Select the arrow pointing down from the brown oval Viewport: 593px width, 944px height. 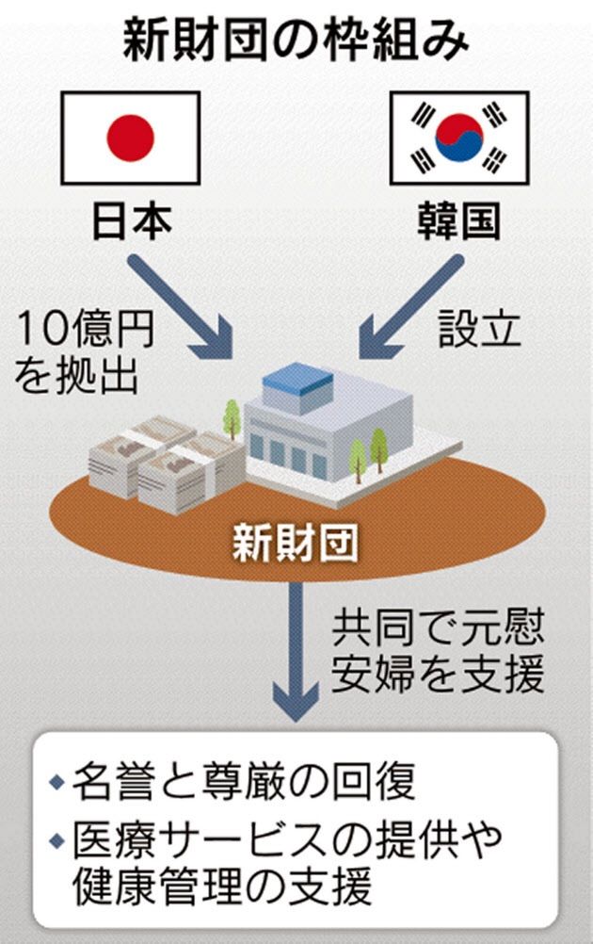(x=299, y=650)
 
